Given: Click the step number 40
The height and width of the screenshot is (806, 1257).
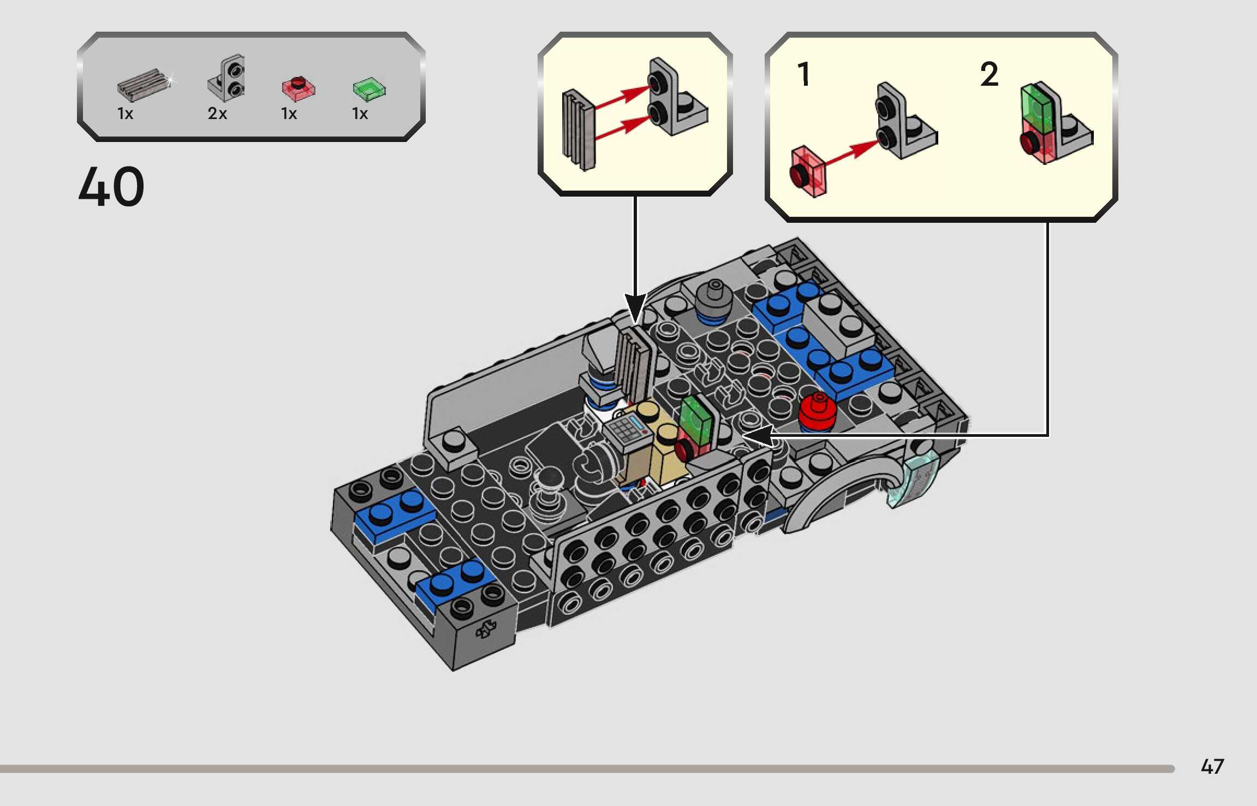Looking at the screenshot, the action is (111, 187).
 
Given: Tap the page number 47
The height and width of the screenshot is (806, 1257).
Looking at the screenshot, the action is (1212, 767).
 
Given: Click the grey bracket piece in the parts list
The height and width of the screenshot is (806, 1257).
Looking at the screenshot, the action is (226, 78).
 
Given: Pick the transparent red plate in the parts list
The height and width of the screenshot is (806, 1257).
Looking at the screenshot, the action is (298, 88).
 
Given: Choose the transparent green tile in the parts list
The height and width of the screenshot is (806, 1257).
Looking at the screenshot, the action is (369, 88).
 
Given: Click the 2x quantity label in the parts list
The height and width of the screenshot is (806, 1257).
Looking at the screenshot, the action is (217, 114).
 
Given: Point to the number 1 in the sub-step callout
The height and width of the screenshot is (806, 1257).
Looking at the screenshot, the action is (803, 74).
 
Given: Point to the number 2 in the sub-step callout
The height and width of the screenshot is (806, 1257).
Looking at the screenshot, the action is (989, 74).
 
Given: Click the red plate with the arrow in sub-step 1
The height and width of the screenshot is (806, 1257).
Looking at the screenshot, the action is (808, 171).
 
